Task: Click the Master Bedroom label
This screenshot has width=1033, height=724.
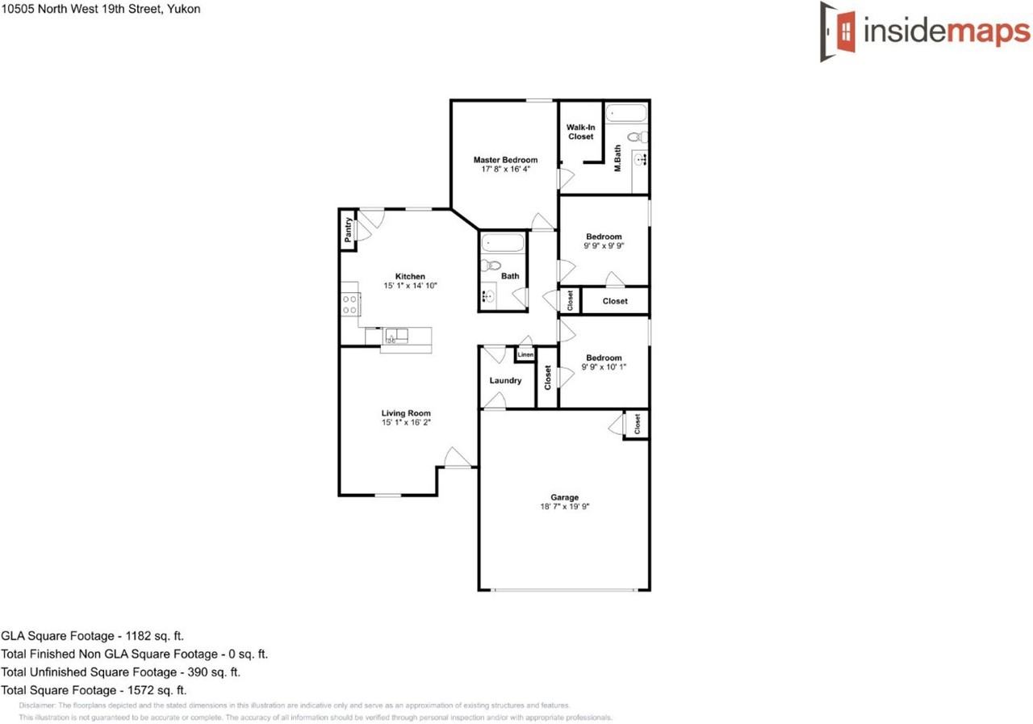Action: click(505, 160)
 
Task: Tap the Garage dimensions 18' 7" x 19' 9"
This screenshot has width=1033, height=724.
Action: click(564, 507)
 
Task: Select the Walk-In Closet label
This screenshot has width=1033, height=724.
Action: click(579, 132)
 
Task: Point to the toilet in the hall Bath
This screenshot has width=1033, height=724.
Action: click(491, 265)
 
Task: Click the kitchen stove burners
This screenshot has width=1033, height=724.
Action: click(350, 304)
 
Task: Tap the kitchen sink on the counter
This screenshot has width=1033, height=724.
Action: click(395, 334)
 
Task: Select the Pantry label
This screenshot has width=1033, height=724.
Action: click(348, 231)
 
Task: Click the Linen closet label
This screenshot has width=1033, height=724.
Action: click(525, 354)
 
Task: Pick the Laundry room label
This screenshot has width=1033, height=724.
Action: click(505, 380)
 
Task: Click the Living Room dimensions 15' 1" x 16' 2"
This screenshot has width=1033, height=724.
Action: click(406, 422)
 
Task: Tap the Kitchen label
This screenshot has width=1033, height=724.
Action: click(409, 276)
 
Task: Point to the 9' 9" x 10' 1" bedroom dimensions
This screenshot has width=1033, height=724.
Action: click(604, 367)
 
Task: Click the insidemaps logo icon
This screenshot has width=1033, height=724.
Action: click(839, 31)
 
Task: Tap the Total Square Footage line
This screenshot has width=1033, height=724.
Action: click(94, 690)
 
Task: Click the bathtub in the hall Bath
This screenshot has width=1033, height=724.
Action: click(503, 242)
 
